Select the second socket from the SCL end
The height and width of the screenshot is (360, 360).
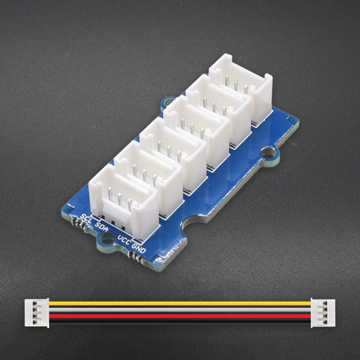[148, 174]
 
